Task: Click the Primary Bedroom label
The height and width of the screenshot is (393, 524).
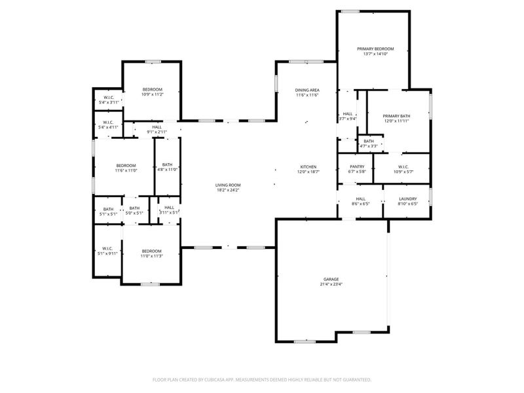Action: coord(375,49)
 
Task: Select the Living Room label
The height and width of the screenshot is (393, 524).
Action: coord(228,185)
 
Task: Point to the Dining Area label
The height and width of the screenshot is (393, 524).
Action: coord(307,90)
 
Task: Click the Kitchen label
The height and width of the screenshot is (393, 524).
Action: coord(309,167)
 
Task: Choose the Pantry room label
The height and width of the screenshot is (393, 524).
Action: coord(357,166)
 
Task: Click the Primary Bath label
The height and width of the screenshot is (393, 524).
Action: coord(396,116)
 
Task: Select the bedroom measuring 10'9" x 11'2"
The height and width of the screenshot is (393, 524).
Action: coord(153,90)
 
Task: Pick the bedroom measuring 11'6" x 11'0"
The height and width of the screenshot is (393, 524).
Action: coord(126,165)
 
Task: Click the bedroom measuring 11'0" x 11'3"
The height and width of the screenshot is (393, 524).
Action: coord(152,252)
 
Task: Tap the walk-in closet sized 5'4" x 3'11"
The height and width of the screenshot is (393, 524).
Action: coord(108,100)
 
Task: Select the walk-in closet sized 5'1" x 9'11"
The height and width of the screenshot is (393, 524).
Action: coord(105,250)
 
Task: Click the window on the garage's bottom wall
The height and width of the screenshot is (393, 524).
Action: coord(304,341)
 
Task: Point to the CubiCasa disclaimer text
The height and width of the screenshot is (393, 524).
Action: coord(262,379)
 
